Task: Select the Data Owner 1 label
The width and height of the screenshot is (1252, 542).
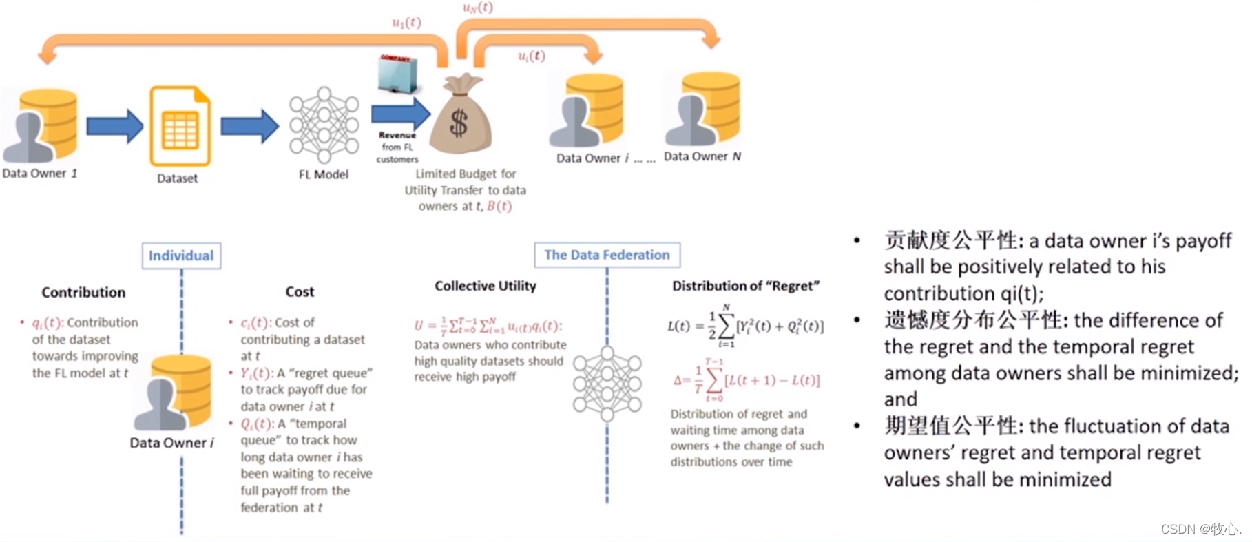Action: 39,174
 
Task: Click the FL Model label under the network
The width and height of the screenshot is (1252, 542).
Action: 323,175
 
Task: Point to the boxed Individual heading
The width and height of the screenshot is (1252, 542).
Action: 181,256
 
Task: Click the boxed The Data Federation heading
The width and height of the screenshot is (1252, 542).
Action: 607,255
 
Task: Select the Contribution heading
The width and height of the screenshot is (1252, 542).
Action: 83,293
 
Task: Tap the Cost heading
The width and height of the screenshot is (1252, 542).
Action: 300,292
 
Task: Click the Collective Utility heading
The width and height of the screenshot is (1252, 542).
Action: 485,286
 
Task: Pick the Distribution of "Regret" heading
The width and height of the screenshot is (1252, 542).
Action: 746,286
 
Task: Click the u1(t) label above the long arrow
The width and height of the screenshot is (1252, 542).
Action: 406,23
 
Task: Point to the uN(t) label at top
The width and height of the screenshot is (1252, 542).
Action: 478,8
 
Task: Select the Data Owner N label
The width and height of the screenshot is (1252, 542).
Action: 702,157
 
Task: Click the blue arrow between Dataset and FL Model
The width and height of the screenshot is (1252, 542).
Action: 249,126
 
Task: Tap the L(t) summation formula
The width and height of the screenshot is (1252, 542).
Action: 745,326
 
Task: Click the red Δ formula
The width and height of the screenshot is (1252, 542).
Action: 747,380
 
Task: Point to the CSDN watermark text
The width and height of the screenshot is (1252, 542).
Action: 1200,529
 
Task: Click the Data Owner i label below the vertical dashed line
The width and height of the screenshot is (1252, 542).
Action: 171,443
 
